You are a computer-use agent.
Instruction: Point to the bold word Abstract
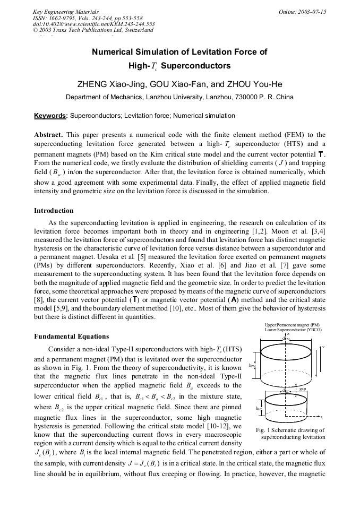click(x=48, y=135)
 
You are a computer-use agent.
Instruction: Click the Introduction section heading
click(x=54, y=211)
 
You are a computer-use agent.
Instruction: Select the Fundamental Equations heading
click(x=71, y=337)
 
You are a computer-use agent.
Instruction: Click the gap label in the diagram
click(x=303, y=389)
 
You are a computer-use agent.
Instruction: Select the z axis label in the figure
click(x=287, y=334)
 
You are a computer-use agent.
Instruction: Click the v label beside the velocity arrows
click(x=323, y=347)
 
